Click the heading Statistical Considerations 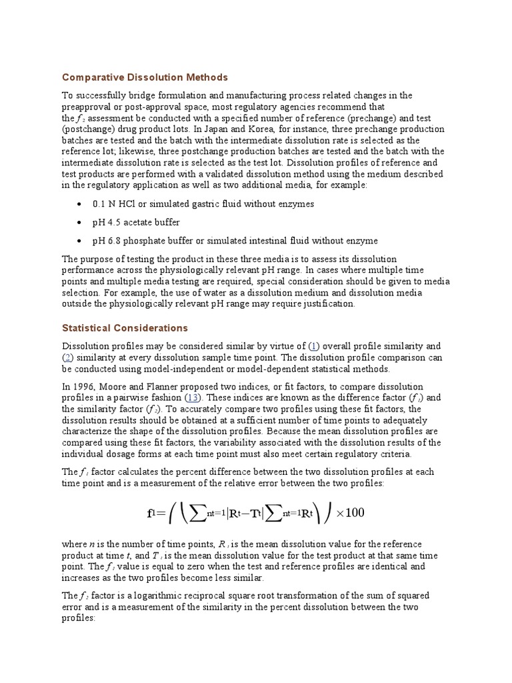(x=125, y=328)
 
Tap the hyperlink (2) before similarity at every (x=68, y=358)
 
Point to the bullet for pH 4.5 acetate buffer (x=80, y=222)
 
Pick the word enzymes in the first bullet (x=298, y=203)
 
